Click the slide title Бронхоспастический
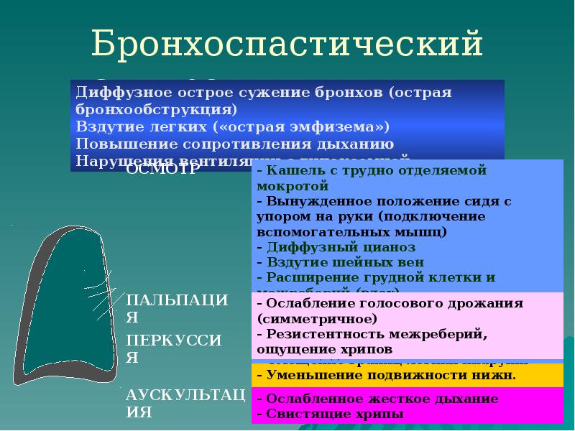pyautogui.click(x=287, y=45)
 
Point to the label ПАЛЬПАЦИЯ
pyautogui.click(x=177, y=308)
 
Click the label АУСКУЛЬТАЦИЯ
pyautogui.click(x=185, y=403)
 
